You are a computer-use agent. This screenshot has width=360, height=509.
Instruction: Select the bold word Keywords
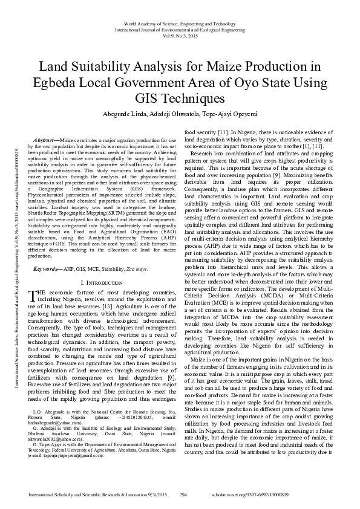[x=48, y=268]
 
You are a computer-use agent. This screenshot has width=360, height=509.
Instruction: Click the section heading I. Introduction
[x=102, y=282]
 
